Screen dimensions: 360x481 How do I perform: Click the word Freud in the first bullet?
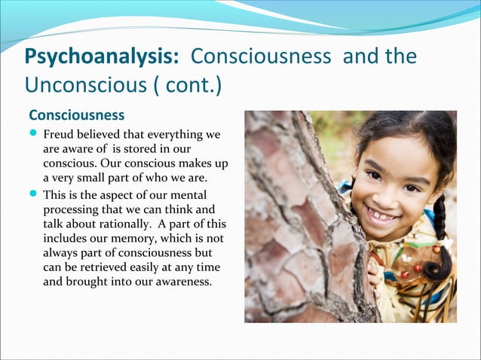click(x=59, y=135)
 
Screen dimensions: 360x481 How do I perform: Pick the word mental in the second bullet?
click(x=191, y=196)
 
